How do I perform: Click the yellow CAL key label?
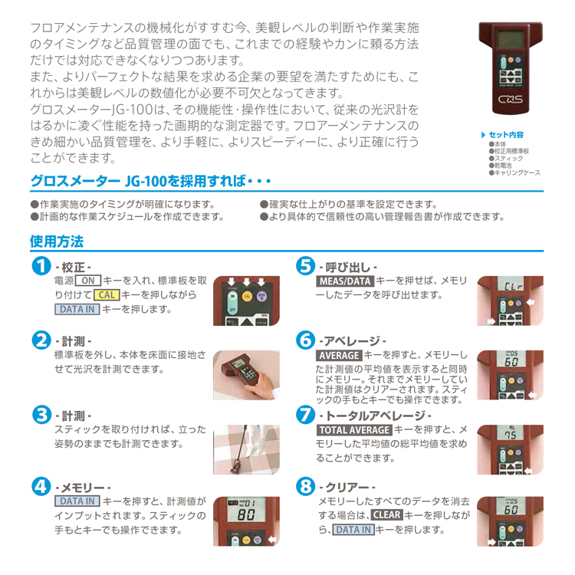(107, 295)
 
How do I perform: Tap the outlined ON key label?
(88, 281)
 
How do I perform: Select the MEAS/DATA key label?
(345, 281)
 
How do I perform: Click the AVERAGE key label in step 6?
(339, 355)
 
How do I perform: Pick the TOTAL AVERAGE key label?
(354, 430)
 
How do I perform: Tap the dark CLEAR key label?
(387, 515)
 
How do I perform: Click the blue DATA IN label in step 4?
(77, 501)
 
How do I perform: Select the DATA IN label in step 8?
(353, 530)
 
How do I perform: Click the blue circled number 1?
(41, 266)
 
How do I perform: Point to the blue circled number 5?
(305, 266)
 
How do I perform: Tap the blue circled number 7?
(305, 415)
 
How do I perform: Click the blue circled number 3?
(41, 415)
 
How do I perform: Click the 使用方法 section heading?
(57, 242)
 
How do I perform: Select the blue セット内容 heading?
(506, 135)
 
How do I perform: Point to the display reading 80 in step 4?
(246, 514)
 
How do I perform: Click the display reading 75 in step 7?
(511, 435)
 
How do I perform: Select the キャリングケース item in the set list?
(517, 172)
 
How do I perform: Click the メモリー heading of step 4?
(84, 488)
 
